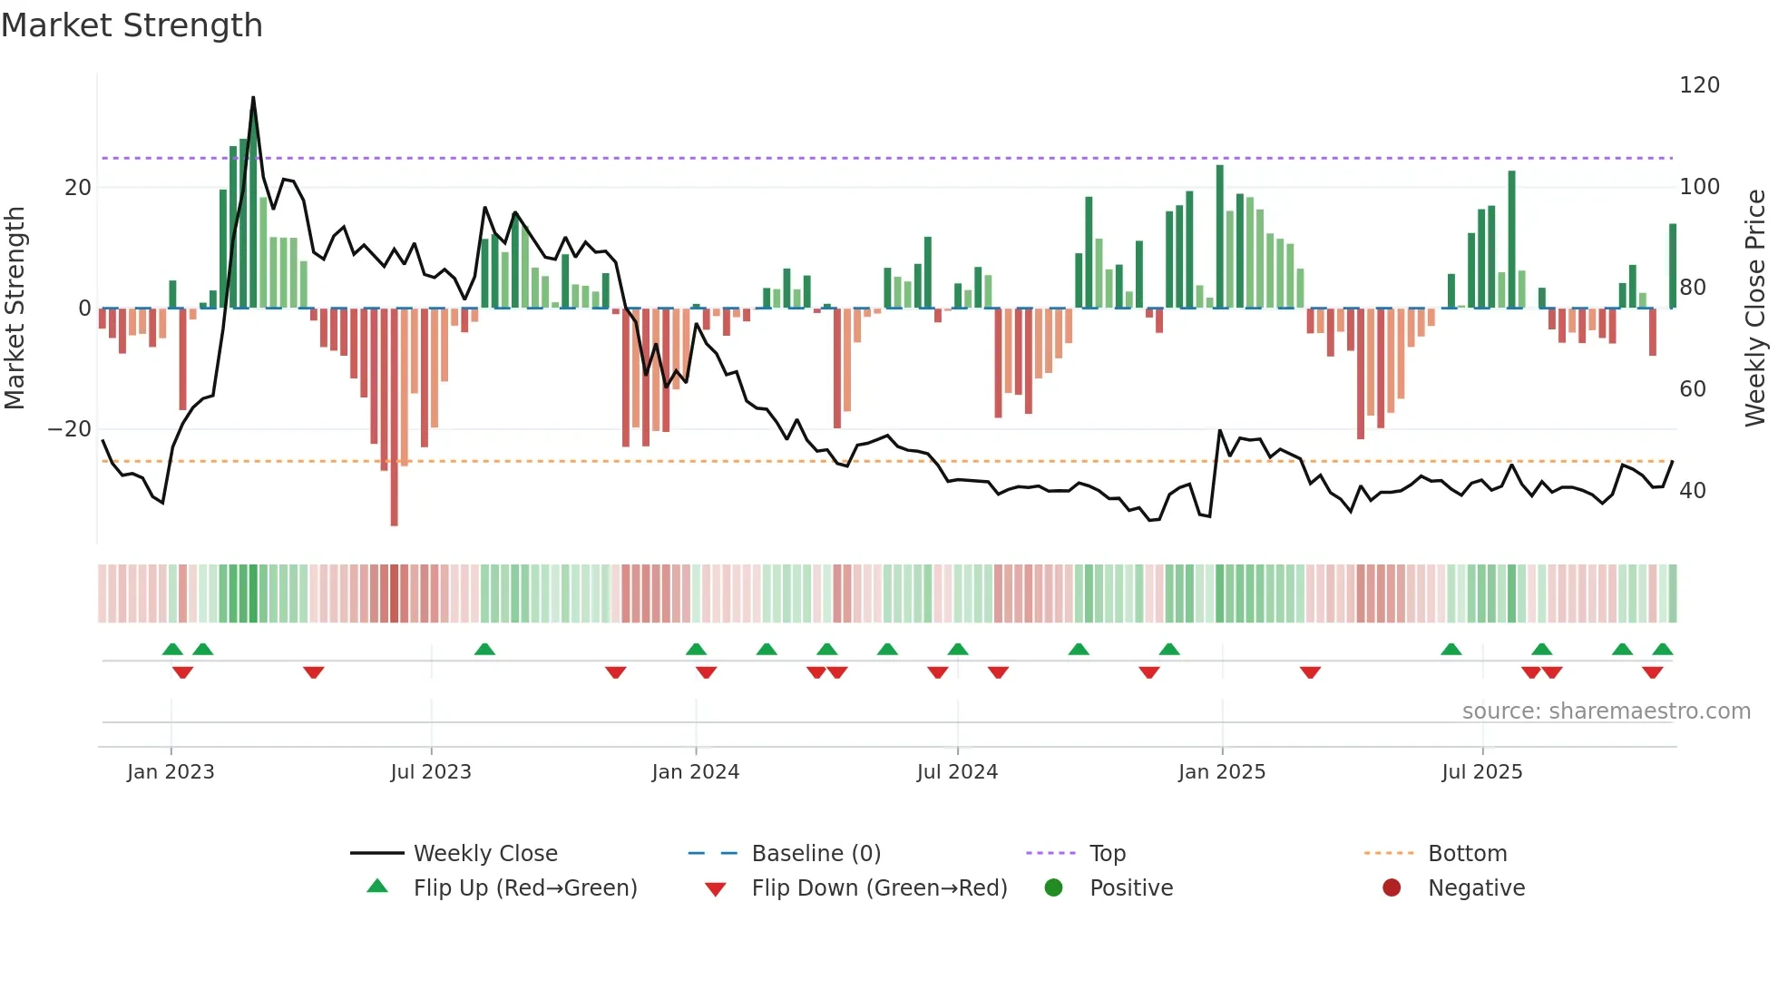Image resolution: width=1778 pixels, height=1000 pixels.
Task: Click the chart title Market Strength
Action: pos(132,25)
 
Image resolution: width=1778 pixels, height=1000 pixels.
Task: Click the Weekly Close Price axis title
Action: pos(1755,308)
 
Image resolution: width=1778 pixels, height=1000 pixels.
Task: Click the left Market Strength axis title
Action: pos(15,308)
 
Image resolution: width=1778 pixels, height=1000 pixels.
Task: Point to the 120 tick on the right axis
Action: pos(1699,85)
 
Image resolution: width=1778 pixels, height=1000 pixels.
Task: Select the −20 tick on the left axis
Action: pos(70,429)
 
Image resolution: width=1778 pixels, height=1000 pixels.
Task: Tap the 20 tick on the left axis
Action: pos(78,188)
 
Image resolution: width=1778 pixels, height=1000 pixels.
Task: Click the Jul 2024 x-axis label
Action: pos(957,772)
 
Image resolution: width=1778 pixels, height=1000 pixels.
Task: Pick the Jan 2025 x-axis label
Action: pos(1221,772)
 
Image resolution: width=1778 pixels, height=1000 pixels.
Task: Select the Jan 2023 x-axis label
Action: pos(171,772)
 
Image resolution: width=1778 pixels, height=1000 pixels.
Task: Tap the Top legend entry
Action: pos(1107,854)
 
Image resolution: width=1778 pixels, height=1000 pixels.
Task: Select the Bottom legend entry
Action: pos(1467,854)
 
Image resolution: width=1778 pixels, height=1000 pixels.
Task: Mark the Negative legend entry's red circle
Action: pos(1392,888)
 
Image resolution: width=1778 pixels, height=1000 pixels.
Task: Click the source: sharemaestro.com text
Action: pos(1606,711)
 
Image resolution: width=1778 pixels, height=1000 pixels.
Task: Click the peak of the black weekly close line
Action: pos(253,97)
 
